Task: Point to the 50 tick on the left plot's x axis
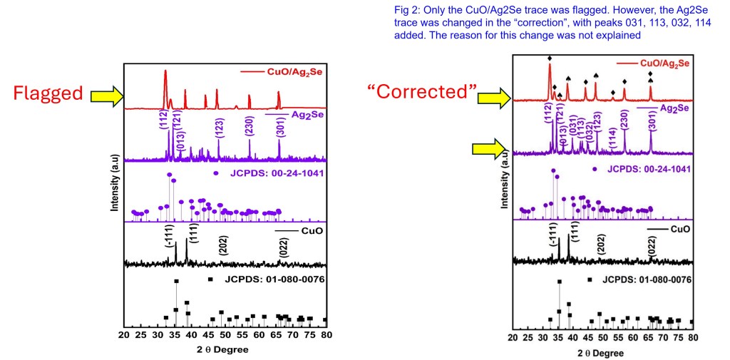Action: [225, 334]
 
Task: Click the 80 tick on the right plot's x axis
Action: [692, 337]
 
